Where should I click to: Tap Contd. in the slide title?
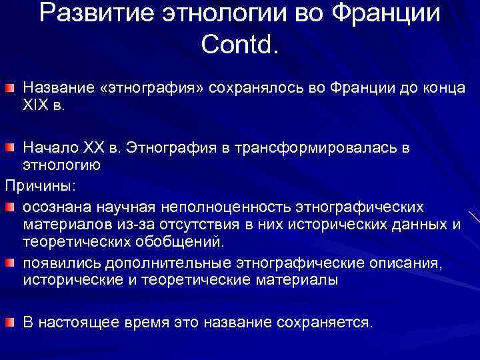click(x=241, y=45)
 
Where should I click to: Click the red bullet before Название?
click(x=11, y=89)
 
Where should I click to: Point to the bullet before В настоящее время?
click(x=11, y=323)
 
